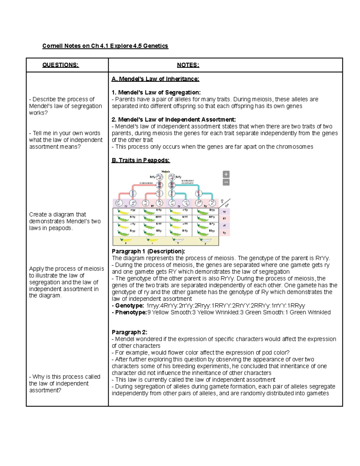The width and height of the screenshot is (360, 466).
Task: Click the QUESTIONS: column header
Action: point(60,65)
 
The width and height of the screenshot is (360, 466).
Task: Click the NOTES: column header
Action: point(188,65)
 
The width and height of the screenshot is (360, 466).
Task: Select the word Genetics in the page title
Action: point(155,46)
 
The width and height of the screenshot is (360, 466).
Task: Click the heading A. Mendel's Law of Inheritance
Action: point(155,79)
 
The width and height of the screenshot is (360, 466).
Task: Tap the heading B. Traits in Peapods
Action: point(141,160)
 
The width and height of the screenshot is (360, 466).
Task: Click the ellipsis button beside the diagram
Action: point(226,182)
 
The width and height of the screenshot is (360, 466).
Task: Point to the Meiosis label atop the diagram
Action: point(166,171)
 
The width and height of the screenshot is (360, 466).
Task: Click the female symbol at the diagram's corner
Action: point(222,201)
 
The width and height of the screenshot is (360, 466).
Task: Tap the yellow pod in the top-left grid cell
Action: point(123,212)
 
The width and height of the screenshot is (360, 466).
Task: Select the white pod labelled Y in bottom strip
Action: point(178,240)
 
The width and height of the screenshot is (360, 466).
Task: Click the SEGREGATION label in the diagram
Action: point(146,183)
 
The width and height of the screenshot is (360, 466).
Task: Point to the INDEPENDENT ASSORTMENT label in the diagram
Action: point(187,182)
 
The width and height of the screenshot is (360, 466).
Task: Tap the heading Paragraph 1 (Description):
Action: point(148,251)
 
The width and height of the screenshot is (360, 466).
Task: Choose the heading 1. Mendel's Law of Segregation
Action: point(156,92)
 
